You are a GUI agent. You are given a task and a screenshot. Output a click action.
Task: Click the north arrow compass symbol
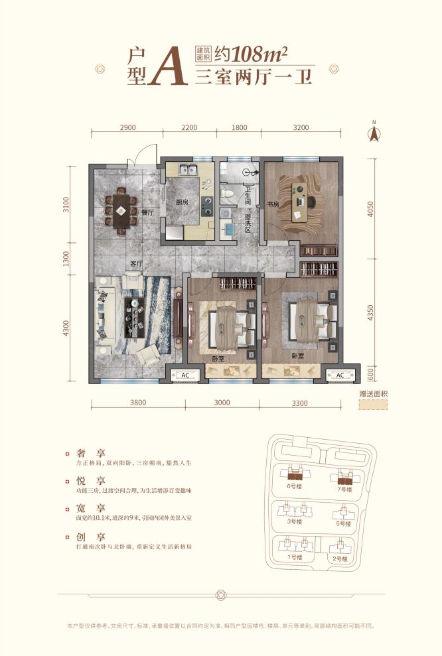click(x=374, y=132)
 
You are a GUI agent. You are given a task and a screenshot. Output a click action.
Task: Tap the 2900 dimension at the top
click(x=128, y=127)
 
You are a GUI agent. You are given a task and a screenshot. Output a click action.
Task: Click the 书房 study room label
click(x=272, y=204)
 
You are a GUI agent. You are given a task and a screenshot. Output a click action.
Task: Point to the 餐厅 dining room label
click(x=147, y=212)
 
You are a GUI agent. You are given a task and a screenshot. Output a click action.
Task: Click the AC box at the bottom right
click(x=340, y=375)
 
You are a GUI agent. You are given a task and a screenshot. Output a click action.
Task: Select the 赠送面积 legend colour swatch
click(x=372, y=405)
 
